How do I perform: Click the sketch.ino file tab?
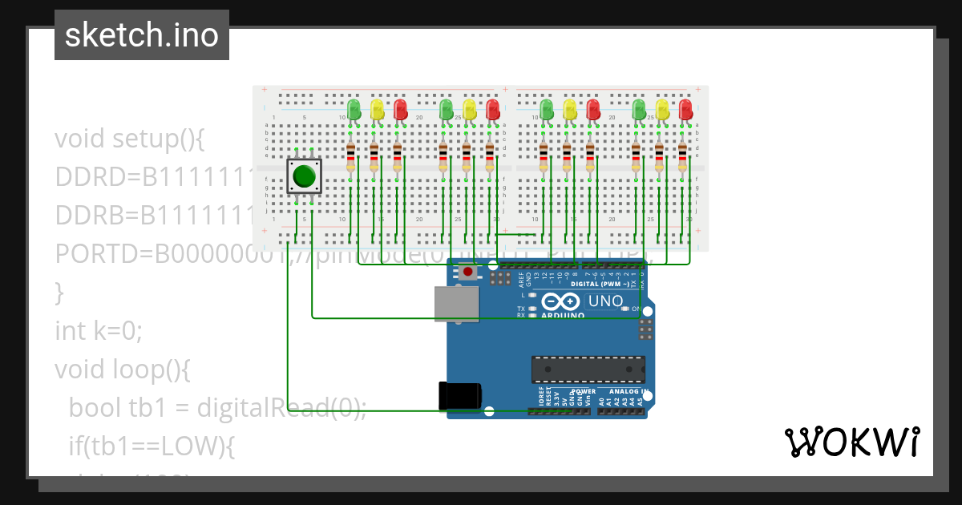coord(142,35)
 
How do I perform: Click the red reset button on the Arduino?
coord(467,272)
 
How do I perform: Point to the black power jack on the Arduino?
coord(459,397)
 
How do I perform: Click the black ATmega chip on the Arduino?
coord(588,369)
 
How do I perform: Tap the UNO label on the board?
coord(605,301)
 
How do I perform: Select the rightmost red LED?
coord(685,109)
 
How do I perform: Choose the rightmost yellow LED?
coord(662,109)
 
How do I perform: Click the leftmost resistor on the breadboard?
coord(350,157)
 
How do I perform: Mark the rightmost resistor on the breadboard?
coord(682,157)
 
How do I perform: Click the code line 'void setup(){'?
coord(130,139)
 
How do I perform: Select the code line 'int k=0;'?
coord(98,330)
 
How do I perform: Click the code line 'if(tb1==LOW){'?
coord(152,446)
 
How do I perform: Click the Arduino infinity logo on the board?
coord(560,302)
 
